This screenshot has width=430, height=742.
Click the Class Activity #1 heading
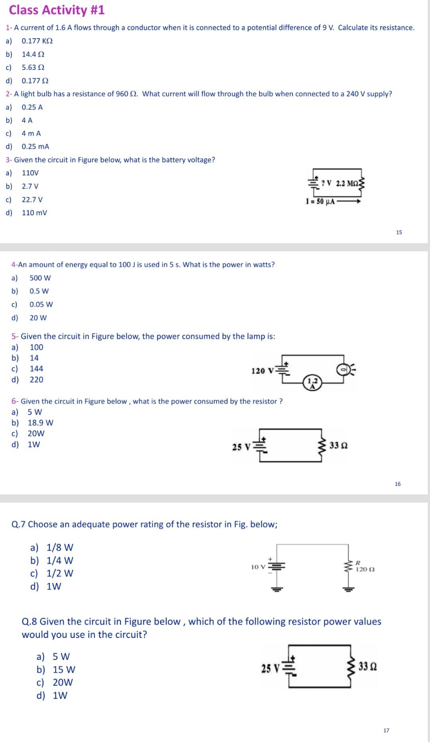57,10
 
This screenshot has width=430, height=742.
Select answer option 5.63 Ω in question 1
33,67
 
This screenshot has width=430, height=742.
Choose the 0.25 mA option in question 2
35,146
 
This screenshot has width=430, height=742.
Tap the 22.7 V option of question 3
32,199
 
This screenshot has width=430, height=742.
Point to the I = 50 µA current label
320,201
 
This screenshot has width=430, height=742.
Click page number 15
399,232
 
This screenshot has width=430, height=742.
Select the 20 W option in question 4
38,318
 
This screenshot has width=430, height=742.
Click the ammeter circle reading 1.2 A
313,382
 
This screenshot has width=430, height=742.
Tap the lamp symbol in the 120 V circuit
343,370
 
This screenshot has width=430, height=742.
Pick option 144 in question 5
36,369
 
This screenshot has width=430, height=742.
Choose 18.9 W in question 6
40,423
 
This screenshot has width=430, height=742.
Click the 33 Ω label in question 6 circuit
338,445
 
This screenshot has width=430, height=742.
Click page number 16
398,484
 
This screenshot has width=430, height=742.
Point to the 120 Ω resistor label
365,569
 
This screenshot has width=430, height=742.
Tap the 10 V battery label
258,567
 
